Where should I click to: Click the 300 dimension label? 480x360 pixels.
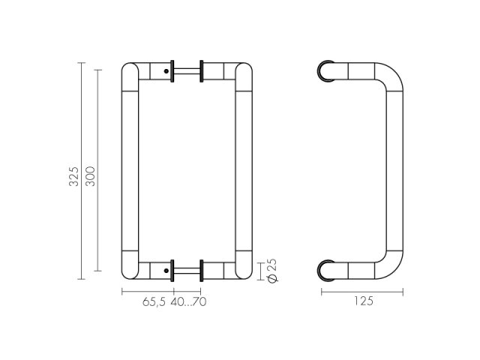[91, 177]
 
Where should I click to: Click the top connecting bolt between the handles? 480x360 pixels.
[187, 72]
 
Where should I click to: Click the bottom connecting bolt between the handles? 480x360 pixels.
[187, 268]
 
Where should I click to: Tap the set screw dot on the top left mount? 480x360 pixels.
[165, 72]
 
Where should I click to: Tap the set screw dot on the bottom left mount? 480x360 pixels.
[165, 268]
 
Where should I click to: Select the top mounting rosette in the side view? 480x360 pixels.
[324, 72]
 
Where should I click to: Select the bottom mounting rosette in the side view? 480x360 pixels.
[324, 268]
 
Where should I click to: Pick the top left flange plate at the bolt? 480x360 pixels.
[174, 72]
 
